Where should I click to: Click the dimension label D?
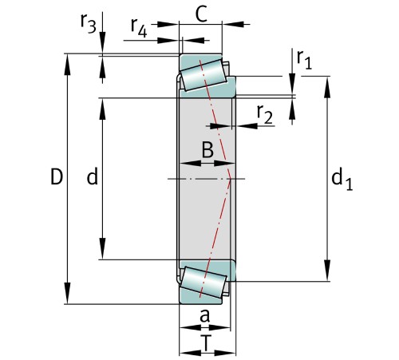pos(55,177)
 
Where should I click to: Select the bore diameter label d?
pos(93,178)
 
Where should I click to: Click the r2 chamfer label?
pos(265,115)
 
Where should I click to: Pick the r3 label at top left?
pos(88,25)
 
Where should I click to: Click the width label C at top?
pos(201,13)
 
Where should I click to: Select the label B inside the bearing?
pos(207,148)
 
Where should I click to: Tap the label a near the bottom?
pos(204,317)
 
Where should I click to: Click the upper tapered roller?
pos(203,74)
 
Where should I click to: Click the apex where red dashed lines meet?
pos(230,178)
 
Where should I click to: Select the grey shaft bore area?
pos(199,208)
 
